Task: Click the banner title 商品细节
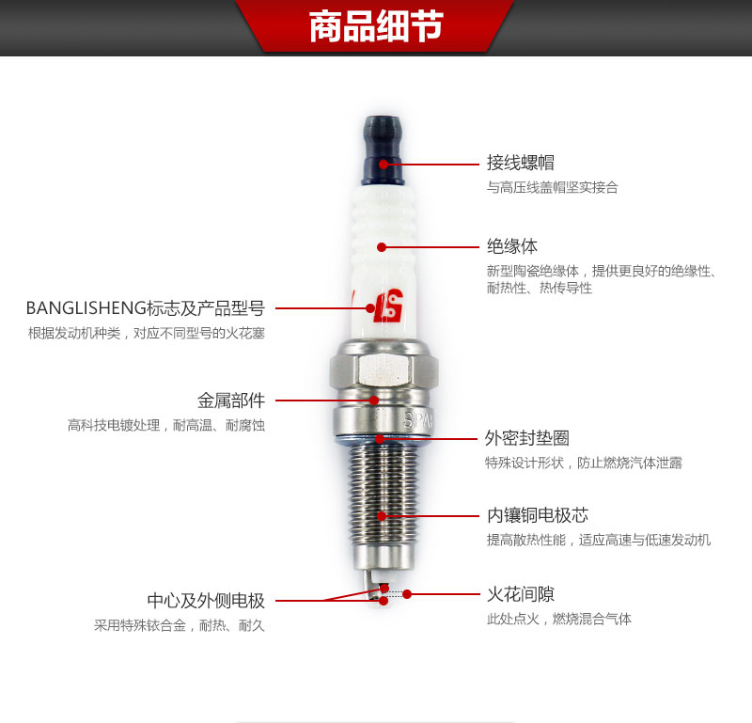click(376, 26)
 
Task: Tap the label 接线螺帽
click(521, 163)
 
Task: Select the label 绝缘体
click(512, 246)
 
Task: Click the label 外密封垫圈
click(527, 437)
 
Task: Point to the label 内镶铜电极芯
click(538, 515)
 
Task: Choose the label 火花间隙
click(521, 594)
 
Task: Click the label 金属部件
click(231, 401)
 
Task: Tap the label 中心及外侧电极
click(206, 600)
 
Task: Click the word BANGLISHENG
click(86, 308)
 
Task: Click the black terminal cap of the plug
click(383, 150)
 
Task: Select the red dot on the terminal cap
click(384, 165)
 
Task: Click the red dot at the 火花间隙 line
click(407, 594)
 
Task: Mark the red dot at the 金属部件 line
click(374, 401)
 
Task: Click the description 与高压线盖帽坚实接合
click(553, 187)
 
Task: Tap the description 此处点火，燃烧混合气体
click(559, 619)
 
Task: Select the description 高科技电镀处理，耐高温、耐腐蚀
click(166, 425)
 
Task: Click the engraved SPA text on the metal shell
click(417, 421)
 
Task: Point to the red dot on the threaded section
click(382, 516)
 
